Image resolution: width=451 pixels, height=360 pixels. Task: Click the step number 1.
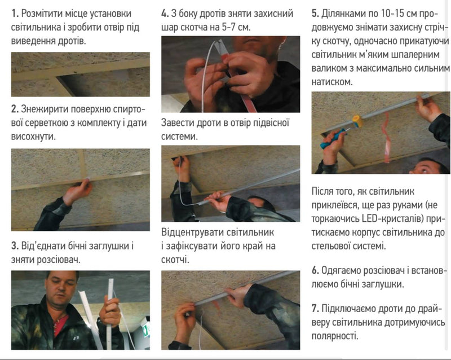tap(15, 14)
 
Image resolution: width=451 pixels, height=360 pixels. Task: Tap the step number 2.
tap(15, 109)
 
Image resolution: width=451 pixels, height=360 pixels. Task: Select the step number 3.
tap(15, 246)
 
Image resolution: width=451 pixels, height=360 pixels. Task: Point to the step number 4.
tap(165, 14)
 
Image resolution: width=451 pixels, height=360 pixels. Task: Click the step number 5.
tap(315, 14)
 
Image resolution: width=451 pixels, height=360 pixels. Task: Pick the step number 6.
tap(315, 270)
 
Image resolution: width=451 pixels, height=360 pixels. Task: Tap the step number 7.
tap(315, 309)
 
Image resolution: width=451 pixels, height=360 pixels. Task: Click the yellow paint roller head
tap(358, 121)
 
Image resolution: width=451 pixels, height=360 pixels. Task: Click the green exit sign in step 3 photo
tap(146, 330)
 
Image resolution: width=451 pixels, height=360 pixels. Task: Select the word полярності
tap(335, 336)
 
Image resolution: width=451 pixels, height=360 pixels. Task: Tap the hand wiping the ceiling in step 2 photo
tap(79, 190)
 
